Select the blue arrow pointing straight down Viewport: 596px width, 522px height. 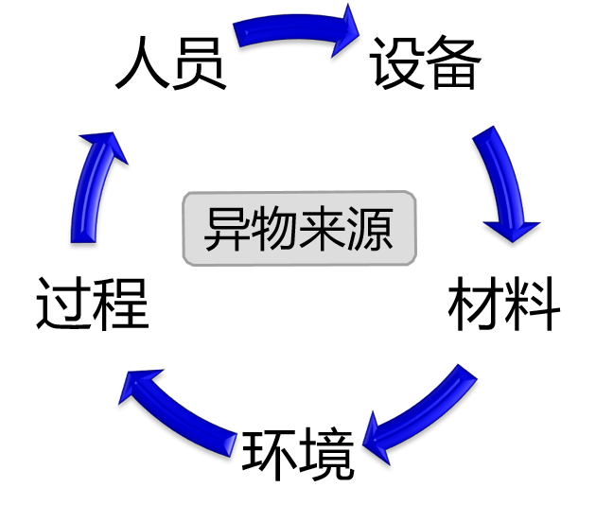[504, 184]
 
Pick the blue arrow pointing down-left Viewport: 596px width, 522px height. [420, 412]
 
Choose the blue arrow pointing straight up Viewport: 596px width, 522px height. [93, 189]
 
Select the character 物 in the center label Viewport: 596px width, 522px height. [274, 228]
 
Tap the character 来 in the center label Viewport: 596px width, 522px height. [322, 228]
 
